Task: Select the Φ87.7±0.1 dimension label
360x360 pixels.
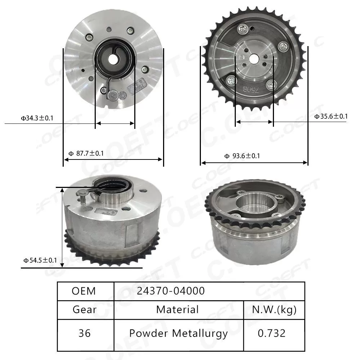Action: click(86, 153)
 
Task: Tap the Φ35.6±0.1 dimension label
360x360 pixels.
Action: click(331, 116)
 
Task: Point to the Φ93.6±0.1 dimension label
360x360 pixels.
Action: click(242, 156)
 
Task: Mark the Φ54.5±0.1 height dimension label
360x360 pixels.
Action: click(40, 260)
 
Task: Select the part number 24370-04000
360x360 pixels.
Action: click(171, 291)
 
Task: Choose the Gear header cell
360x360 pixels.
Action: click(85, 309)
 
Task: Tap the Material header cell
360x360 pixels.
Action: click(177, 309)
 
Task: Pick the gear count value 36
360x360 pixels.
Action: click(85, 333)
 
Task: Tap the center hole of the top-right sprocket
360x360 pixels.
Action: click(254, 58)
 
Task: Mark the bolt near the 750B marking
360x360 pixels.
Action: click(271, 85)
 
